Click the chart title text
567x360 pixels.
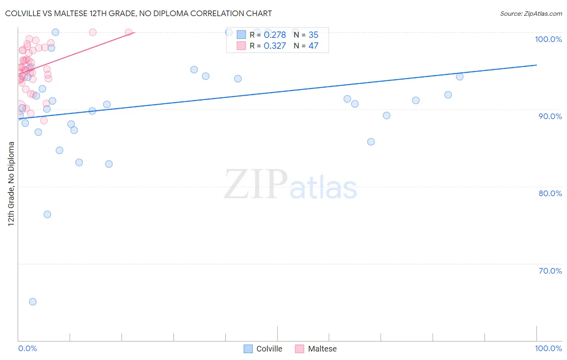(x=138, y=13)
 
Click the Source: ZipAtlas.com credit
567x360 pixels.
(x=531, y=13)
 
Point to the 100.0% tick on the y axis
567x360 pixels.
(x=548, y=39)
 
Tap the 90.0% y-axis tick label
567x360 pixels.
(x=550, y=116)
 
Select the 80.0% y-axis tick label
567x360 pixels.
(x=550, y=193)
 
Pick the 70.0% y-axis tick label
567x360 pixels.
(x=550, y=271)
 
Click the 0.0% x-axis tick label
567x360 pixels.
(x=27, y=348)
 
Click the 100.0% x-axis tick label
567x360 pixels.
(x=548, y=348)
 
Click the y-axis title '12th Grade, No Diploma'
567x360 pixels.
(x=11, y=184)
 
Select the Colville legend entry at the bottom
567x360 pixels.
(x=269, y=349)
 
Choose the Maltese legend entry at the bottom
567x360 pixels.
(x=322, y=349)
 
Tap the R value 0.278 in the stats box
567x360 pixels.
(x=275, y=35)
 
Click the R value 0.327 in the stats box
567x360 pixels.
(x=275, y=46)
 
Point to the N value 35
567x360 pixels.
(x=313, y=35)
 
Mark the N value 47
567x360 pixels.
(x=313, y=46)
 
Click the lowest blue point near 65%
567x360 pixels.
(x=33, y=301)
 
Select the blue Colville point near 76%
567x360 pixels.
(x=47, y=214)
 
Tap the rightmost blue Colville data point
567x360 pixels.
(x=459, y=77)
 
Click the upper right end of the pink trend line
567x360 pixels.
(x=135, y=32)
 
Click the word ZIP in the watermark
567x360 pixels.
(x=256, y=184)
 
